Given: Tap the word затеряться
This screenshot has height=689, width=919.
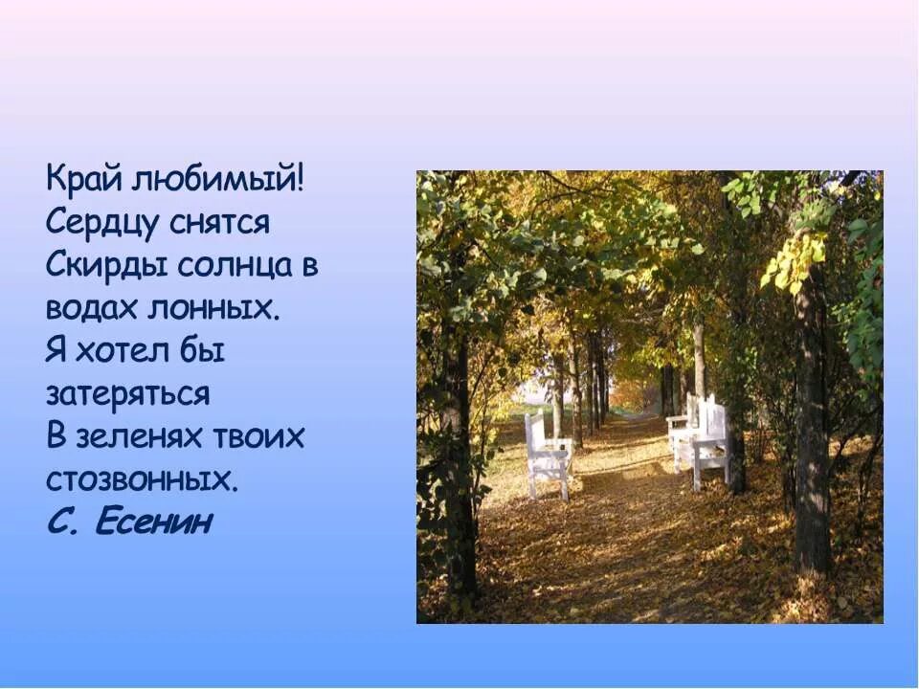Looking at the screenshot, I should pos(127,394).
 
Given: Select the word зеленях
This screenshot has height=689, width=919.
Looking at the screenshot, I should pos(134,437).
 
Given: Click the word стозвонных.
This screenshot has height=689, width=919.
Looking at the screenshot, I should pos(142,478).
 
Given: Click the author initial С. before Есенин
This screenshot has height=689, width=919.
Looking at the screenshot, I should pos(61,522).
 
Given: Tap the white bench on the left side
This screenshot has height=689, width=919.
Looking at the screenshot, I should pos(547,454).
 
